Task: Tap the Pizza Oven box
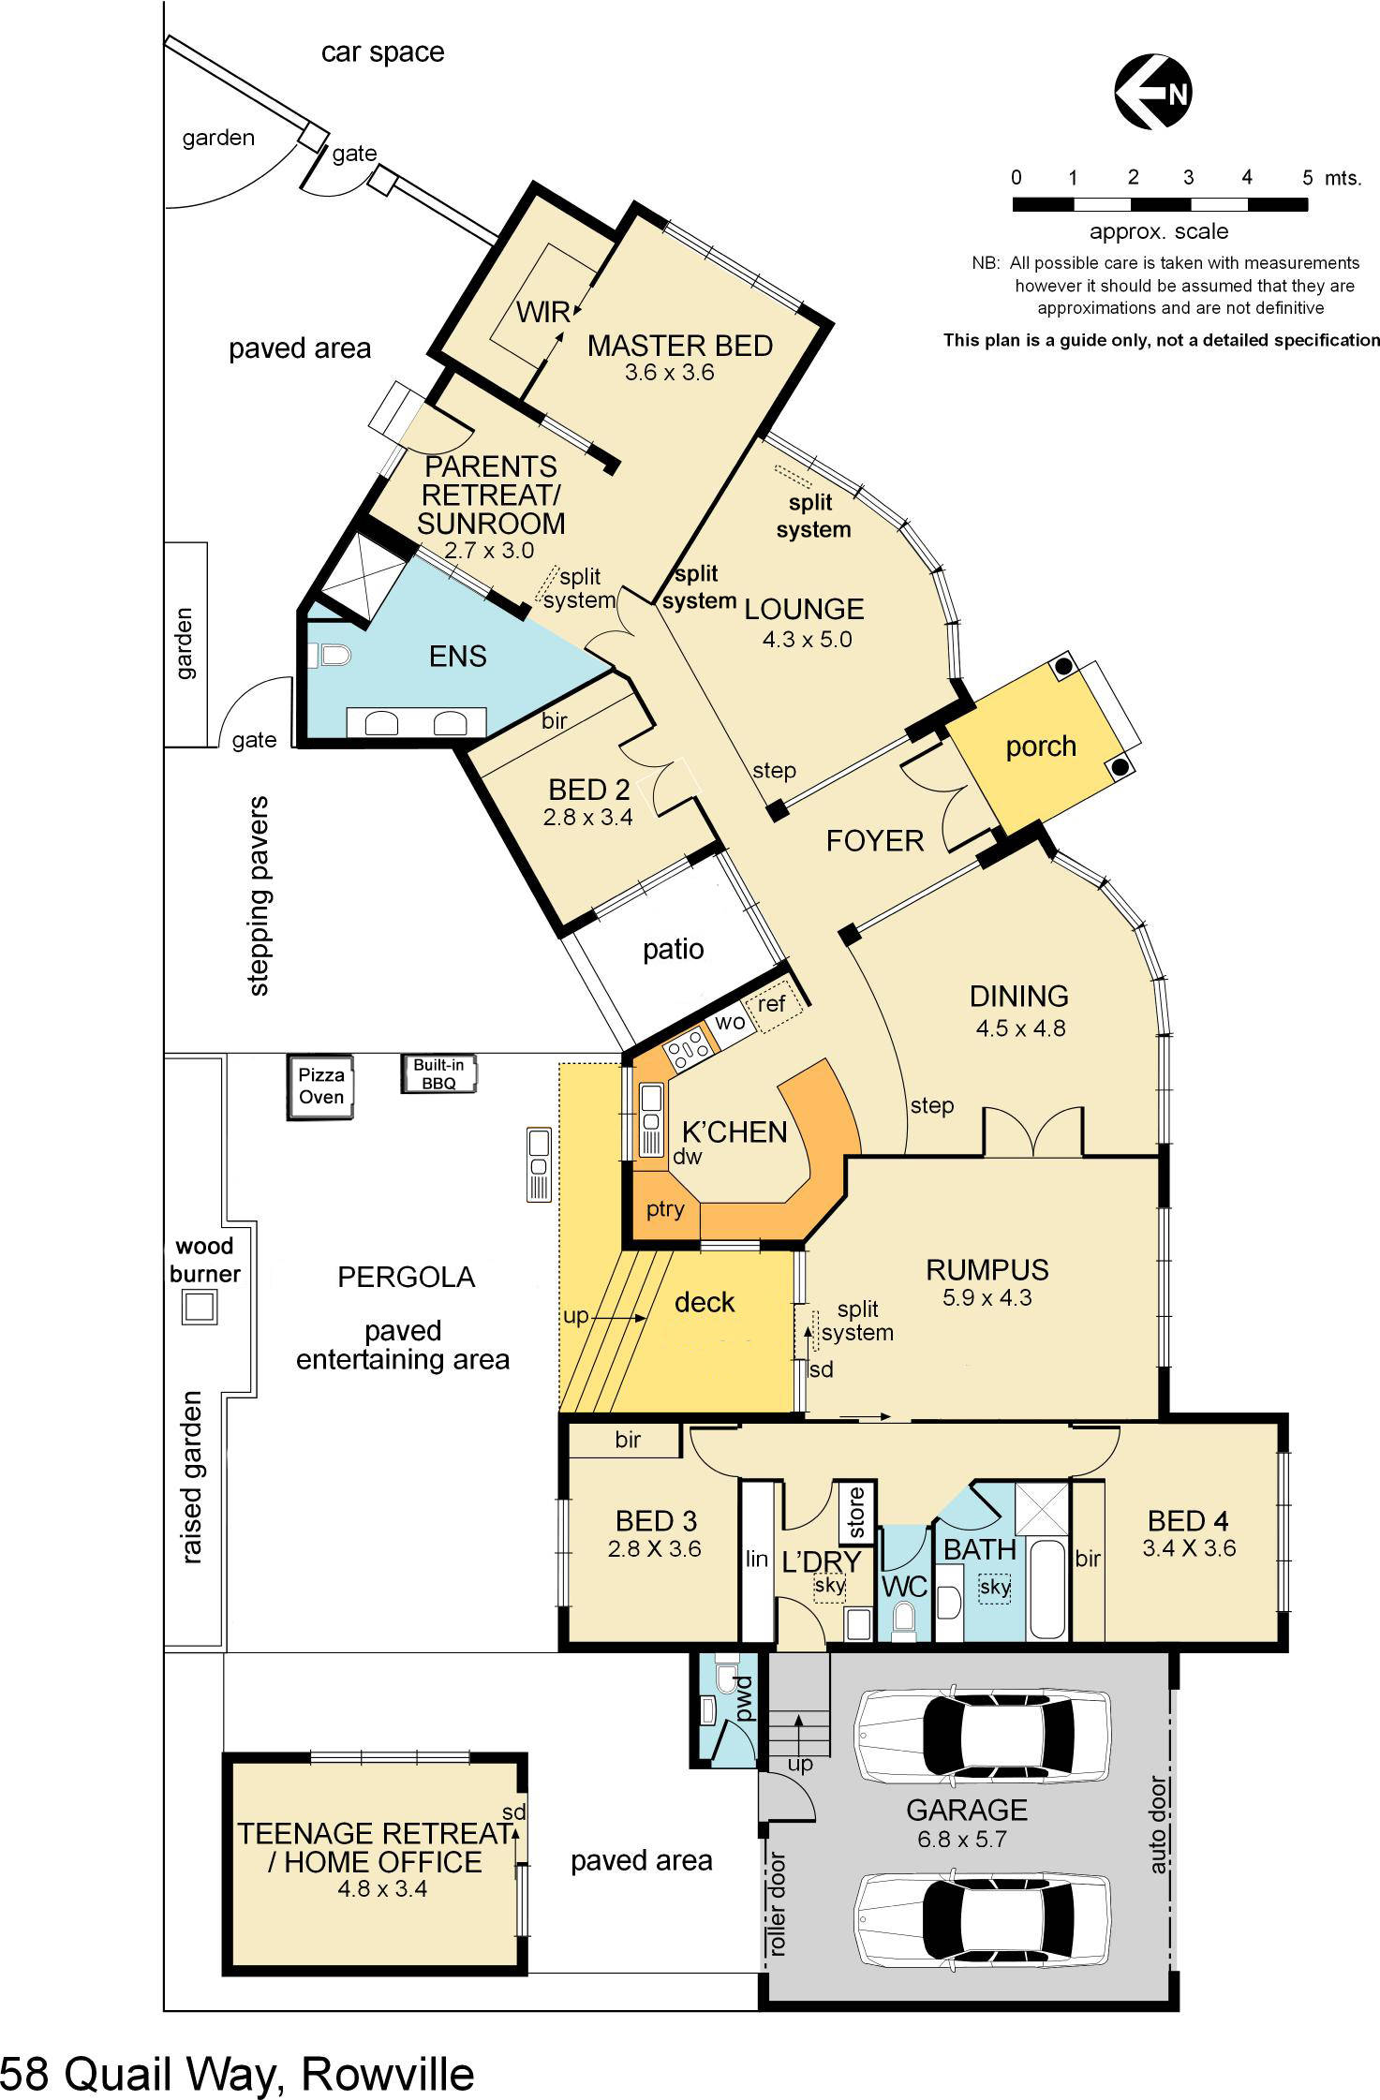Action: pos(321,1087)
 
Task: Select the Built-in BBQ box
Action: pos(439,1073)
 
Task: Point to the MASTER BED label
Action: pos(679,346)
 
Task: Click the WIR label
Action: pos(542,311)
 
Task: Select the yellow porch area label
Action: pos(1040,747)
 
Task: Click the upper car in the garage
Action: pos(982,1735)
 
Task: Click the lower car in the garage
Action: pos(982,1918)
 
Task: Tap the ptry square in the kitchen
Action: pos(665,1208)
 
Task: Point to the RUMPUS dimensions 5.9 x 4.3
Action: pos(987,1298)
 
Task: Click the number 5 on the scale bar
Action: pos(1307,178)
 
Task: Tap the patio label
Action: pos(673,949)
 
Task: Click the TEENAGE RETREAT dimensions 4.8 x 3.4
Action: pos(381,1888)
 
